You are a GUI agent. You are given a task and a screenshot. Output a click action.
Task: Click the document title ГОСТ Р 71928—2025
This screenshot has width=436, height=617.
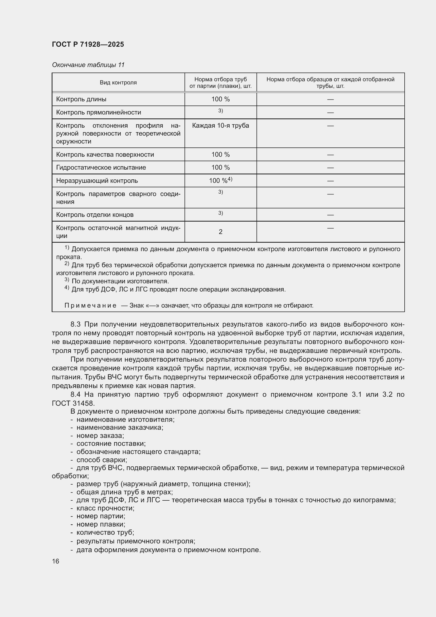click(x=88, y=44)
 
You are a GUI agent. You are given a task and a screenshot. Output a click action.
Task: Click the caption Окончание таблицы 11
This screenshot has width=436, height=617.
click(x=88, y=65)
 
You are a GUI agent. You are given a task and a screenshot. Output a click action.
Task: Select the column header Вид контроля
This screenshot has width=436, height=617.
click(x=118, y=83)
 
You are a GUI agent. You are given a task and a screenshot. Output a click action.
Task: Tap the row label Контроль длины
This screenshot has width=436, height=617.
click(x=81, y=99)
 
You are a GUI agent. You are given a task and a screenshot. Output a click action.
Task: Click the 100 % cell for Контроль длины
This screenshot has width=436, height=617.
click(x=220, y=99)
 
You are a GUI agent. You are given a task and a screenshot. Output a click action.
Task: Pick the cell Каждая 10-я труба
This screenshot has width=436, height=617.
click(x=220, y=126)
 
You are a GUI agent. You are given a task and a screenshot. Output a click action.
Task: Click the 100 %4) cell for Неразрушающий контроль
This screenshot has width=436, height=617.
click(x=220, y=180)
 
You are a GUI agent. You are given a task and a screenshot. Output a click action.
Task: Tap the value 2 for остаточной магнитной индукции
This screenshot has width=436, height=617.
click(x=220, y=232)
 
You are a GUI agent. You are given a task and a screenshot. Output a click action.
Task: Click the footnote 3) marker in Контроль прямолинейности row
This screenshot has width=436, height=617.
click(x=220, y=111)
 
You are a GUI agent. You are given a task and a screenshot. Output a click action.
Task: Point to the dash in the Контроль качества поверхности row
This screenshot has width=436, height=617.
click(x=330, y=155)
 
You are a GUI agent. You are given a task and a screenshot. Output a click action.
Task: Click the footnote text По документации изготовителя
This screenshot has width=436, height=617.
click(x=120, y=281)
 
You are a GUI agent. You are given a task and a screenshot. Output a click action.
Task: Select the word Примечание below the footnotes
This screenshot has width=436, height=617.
click(x=90, y=305)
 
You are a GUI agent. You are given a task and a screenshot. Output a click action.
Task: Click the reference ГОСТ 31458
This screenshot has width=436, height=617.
click(x=73, y=403)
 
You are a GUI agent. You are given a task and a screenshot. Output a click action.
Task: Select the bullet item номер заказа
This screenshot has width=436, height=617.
click(x=100, y=436)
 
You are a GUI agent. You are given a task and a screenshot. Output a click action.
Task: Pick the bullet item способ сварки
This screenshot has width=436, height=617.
click(x=101, y=460)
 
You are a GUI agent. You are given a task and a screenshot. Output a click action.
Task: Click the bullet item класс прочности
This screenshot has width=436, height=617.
click(x=105, y=508)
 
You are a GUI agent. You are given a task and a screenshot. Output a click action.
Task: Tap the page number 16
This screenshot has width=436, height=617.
click(x=56, y=561)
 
